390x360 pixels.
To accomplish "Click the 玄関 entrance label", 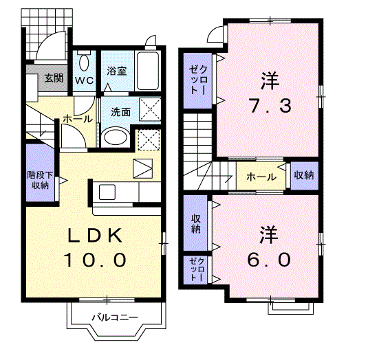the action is click(x=54, y=78).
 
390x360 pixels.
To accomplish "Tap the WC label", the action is click(x=85, y=80).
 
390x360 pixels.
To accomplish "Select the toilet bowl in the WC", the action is click(x=85, y=61).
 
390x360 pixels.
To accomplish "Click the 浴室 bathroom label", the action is click(x=117, y=71).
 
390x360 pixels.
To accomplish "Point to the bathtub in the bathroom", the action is click(x=148, y=71).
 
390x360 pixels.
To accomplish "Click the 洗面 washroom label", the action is click(x=120, y=112).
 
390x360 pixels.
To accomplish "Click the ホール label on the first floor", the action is click(x=77, y=119).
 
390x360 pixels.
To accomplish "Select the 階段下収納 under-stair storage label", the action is click(x=40, y=180).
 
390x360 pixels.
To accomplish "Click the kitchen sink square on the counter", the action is click(x=107, y=192).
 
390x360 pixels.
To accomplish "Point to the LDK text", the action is click(x=96, y=236).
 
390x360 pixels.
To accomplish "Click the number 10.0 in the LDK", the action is click(x=95, y=260).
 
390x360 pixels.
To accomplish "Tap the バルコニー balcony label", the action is click(x=115, y=317).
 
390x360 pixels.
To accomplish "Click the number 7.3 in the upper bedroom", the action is click(x=270, y=106).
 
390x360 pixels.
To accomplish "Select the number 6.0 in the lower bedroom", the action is click(x=269, y=260).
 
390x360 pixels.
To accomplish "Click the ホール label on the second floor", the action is click(x=261, y=177).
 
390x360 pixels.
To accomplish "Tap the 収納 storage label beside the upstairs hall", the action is click(x=304, y=175).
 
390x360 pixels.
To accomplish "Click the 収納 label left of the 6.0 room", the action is click(x=196, y=224).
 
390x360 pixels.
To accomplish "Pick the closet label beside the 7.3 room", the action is click(x=197, y=80).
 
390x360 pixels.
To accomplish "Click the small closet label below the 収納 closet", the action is click(x=197, y=269).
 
